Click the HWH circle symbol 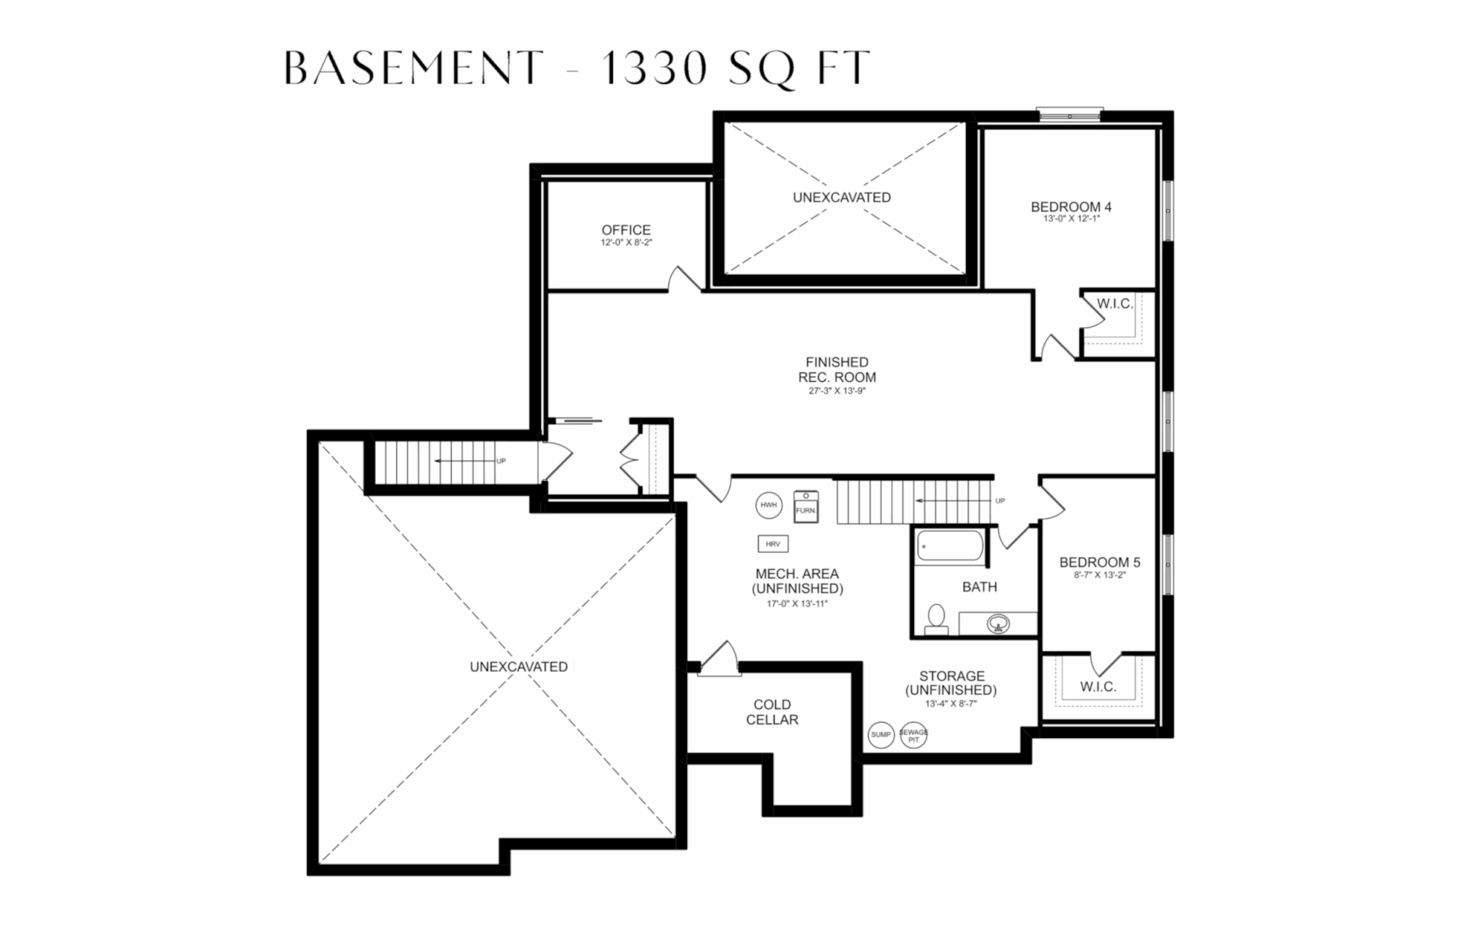pyautogui.click(x=769, y=505)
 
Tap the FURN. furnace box pyautogui.click(x=806, y=505)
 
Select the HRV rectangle pyautogui.click(x=773, y=543)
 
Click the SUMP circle pyautogui.click(x=881, y=735)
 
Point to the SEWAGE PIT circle pyautogui.click(x=913, y=736)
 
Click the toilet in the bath pyautogui.click(x=936, y=619)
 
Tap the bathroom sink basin pyautogui.click(x=999, y=623)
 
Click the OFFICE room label pyautogui.click(x=626, y=229)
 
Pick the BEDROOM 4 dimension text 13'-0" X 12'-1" pyautogui.click(x=1071, y=218)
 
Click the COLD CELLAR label pyautogui.click(x=772, y=712)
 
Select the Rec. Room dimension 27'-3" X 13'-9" pyautogui.click(x=837, y=391)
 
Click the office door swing pyautogui.click(x=683, y=280)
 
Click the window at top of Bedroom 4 pyautogui.click(x=1070, y=114)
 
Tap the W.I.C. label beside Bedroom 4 pyautogui.click(x=1114, y=304)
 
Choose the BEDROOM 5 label pyautogui.click(x=1099, y=562)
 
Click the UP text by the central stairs pyautogui.click(x=1000, y=501)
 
